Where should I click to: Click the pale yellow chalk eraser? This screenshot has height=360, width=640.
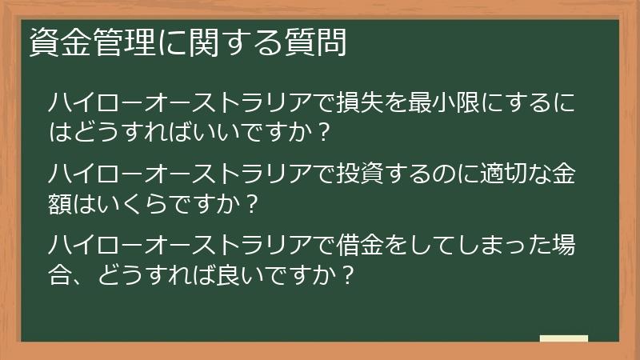pos(564,338)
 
